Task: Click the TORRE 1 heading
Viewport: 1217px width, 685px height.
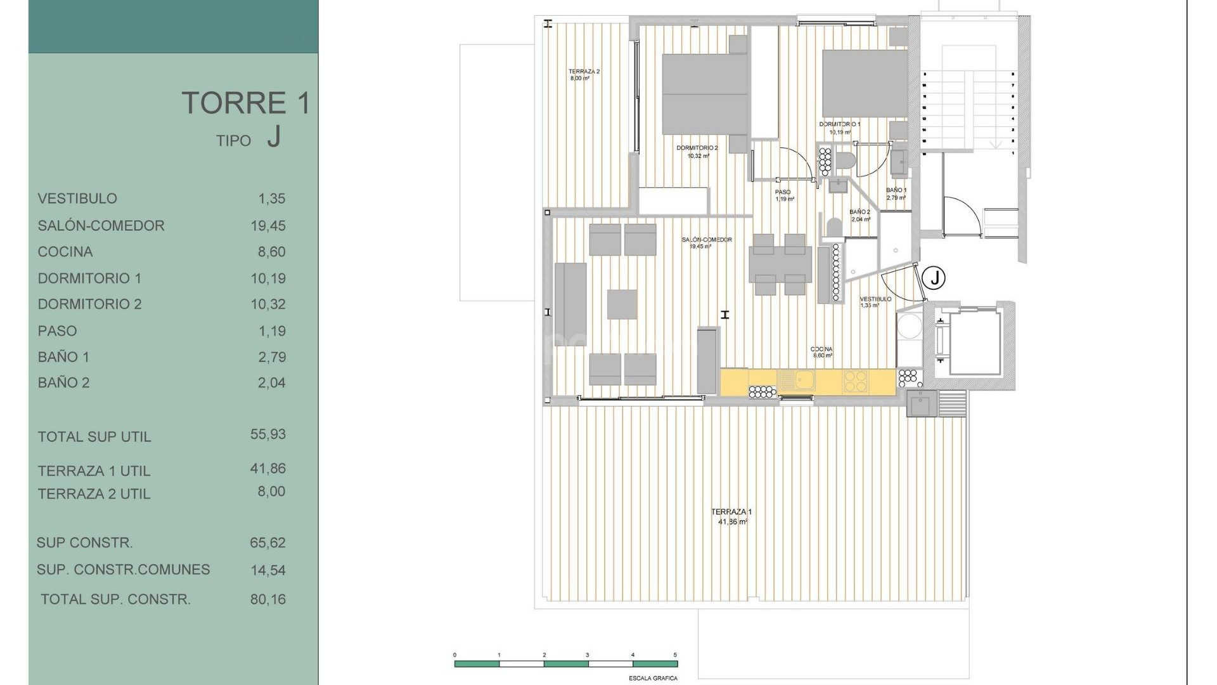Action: [x=246, y=103]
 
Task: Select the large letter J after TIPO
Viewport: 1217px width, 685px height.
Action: [x=273, y=136]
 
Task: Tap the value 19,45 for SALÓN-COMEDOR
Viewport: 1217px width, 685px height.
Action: [x=268, y=226]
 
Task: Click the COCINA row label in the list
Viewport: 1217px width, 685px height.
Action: [x=65, y=252]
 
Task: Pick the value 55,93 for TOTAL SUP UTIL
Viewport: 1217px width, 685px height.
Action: [x=268, y=434]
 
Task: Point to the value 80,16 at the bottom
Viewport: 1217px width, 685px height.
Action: [x=268, y=599]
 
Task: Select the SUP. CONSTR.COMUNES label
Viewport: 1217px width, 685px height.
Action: [x=123, y=570]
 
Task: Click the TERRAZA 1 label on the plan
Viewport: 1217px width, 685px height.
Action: [x=731, y=512]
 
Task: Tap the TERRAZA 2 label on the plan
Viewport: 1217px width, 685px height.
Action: [x=584, y=72]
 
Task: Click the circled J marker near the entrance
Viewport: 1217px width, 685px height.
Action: [x=934, y=277]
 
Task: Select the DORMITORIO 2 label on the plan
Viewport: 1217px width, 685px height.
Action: [x=697, y=148]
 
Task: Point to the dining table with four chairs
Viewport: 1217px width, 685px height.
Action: [x=780, y=265]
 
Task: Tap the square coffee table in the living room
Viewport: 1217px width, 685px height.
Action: [x=622, y=304]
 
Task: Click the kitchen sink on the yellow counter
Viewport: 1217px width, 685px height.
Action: [x=796, y=381]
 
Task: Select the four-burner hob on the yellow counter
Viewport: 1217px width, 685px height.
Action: [x=854, y=381]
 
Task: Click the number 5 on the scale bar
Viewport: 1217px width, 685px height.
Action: [x=675, y=655]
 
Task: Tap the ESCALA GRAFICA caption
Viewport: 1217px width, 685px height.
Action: [x=653, y=678]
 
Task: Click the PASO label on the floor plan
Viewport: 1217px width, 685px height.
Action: [x=783, y=192]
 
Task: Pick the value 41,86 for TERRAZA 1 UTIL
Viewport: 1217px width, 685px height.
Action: [x=268, y=469]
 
